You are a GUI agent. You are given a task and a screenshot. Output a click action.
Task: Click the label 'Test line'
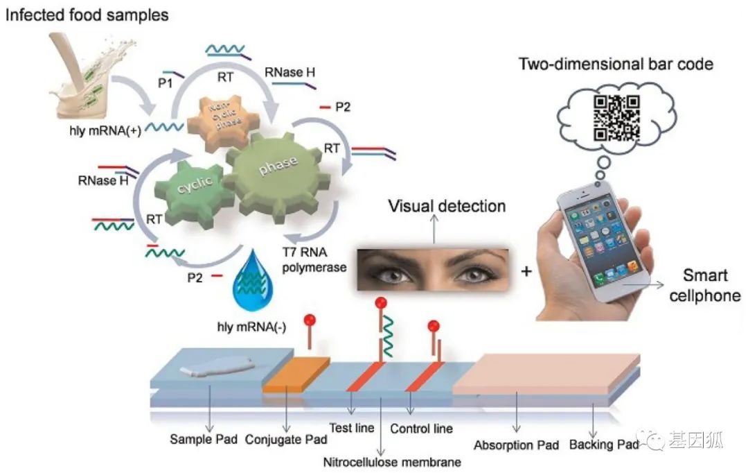(352, 428)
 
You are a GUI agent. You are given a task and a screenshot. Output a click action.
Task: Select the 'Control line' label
(421, 429)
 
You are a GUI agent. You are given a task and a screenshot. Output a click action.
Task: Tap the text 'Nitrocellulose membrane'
(392, 461)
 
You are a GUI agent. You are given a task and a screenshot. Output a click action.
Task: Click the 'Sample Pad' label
(204, 439)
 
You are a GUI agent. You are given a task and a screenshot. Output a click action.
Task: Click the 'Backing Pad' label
(603, 444)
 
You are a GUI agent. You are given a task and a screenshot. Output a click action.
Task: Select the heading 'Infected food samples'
(87, 15)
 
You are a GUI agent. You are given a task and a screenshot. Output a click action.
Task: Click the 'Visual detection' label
(447, 206)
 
